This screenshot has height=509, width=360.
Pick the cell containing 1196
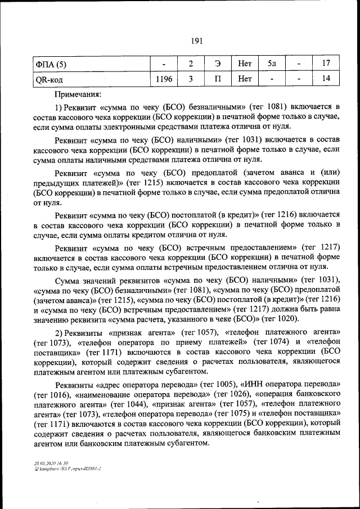click(164, 79)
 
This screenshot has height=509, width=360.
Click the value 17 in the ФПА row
click(326, 65)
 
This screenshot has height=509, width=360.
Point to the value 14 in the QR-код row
click(326, 79)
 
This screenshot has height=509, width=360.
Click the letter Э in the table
click(218, 65)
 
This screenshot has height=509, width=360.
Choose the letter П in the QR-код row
click(218, 79)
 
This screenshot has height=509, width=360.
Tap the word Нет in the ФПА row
click(245, 65)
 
